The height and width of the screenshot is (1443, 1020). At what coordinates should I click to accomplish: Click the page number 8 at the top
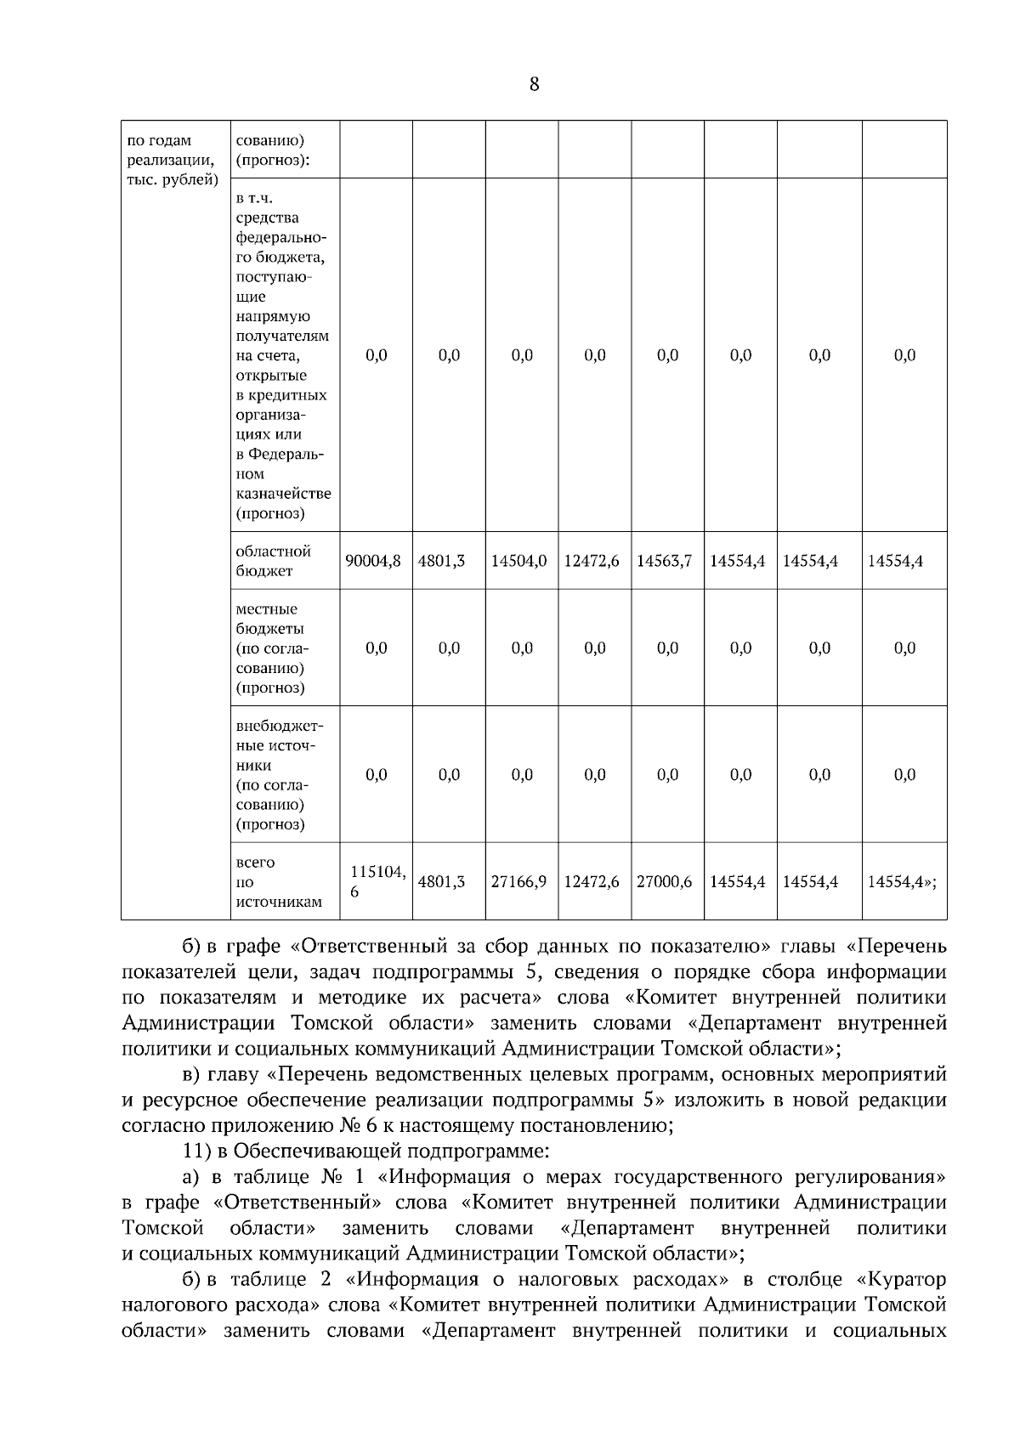pyautogui.click(x=534, y=84)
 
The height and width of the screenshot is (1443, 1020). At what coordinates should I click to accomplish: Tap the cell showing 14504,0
pyautogui.click(x=518, y=561)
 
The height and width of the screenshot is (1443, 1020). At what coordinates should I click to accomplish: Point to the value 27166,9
pyautogui.click(x=518, y=882)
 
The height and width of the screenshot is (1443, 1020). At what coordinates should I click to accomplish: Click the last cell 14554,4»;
pyautogui.click(x=902, y=882)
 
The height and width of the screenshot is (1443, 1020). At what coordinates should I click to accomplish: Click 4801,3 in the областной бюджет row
pyautogui.click(x=441, y=561)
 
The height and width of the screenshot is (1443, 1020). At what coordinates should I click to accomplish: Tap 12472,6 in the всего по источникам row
pyautogui.click(x=592, y=882)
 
